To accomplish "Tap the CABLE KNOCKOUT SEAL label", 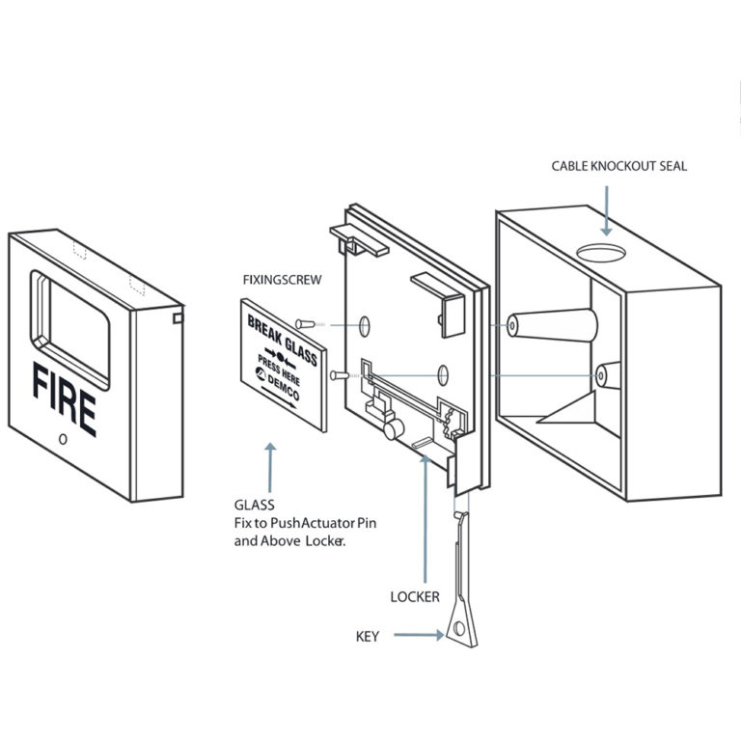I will click(x=619, y=166).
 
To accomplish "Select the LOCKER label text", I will click(x=415, y=597).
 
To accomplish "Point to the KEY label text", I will click(x=368, y=636).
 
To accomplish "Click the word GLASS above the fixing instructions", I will click(x=255, y=505).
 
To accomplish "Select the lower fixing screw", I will click(x=337, y=373).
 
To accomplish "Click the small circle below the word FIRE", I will click(x=63, y=439).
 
